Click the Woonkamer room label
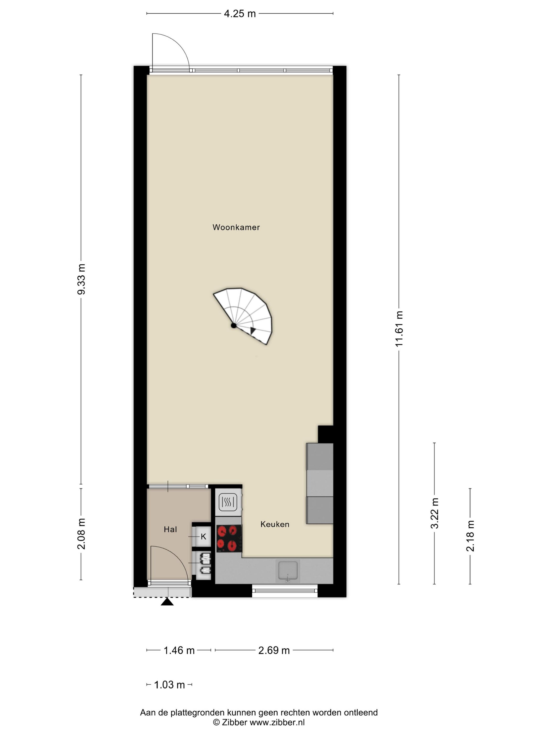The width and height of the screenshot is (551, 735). pos(236,227)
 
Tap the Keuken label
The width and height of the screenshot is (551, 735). pos(275,524)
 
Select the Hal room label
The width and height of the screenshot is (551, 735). pos(170,529)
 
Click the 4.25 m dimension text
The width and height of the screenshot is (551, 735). pos(240,14)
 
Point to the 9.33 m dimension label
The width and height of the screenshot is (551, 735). pos(81,279)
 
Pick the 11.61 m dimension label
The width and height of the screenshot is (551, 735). pos(399,329)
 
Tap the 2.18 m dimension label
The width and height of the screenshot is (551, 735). pos(470,536)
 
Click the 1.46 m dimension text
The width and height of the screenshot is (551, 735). pos(179,650)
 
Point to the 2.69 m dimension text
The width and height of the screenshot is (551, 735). pos(274,650)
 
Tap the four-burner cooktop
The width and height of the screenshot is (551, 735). pos(229,538)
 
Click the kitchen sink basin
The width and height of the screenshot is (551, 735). pos(288,571)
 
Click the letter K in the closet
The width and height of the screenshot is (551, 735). pos(203,536)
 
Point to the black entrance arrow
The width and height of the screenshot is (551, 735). pos(167,601)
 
